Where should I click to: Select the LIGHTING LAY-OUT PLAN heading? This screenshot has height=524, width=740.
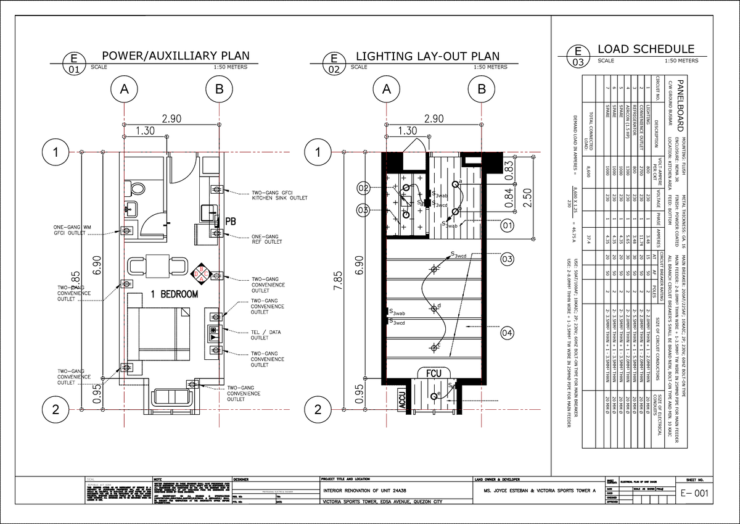[427, 56]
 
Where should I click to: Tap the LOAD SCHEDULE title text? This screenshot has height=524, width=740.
[646, 49]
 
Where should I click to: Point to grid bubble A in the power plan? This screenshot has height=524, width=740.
[124, 89]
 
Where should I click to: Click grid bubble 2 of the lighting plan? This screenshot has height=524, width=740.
[318, 409]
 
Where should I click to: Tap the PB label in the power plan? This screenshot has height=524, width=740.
[231, 220]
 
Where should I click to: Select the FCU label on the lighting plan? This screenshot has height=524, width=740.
[432, 373]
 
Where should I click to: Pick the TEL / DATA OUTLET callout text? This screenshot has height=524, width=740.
[266, 335]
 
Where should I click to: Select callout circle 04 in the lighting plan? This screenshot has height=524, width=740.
[507, 333]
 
